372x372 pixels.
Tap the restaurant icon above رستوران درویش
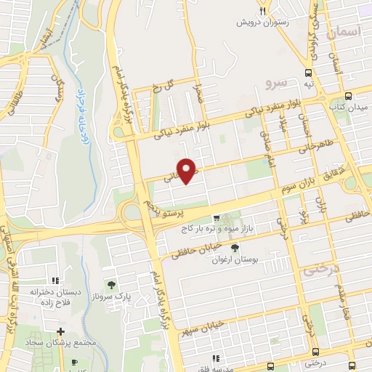pyautogui.click(x=263, y=10)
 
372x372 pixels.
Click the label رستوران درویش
pyautogui.click(x=263, y=22)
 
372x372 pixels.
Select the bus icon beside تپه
pyautogui.click(x=310, y=73)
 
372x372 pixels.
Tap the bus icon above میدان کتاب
pyautogui.click(x=348, y=96)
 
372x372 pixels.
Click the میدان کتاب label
pyautogui.click(x=348, y=108)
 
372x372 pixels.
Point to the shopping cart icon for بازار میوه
pyautogui.click(x=216, y=218)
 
